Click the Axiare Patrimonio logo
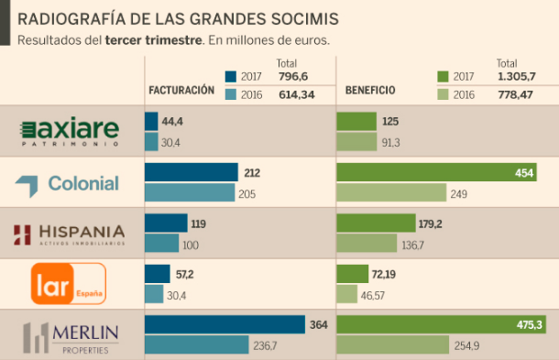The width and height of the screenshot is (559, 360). tap(71, 131)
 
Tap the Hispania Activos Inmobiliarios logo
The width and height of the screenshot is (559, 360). tap(71, 235)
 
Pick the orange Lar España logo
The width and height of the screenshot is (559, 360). tap(69, 283)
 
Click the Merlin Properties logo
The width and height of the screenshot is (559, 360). tap(71, 336)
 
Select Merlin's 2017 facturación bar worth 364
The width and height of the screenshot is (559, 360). tap(225, 325)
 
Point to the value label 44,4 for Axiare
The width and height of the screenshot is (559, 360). tap(173, 122)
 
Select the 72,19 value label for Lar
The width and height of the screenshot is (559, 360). tap(384, 275)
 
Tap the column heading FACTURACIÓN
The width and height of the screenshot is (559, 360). tap(181, 91)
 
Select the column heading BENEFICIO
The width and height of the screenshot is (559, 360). tap(370, 91)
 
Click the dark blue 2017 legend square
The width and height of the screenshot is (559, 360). tap(230, 77)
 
